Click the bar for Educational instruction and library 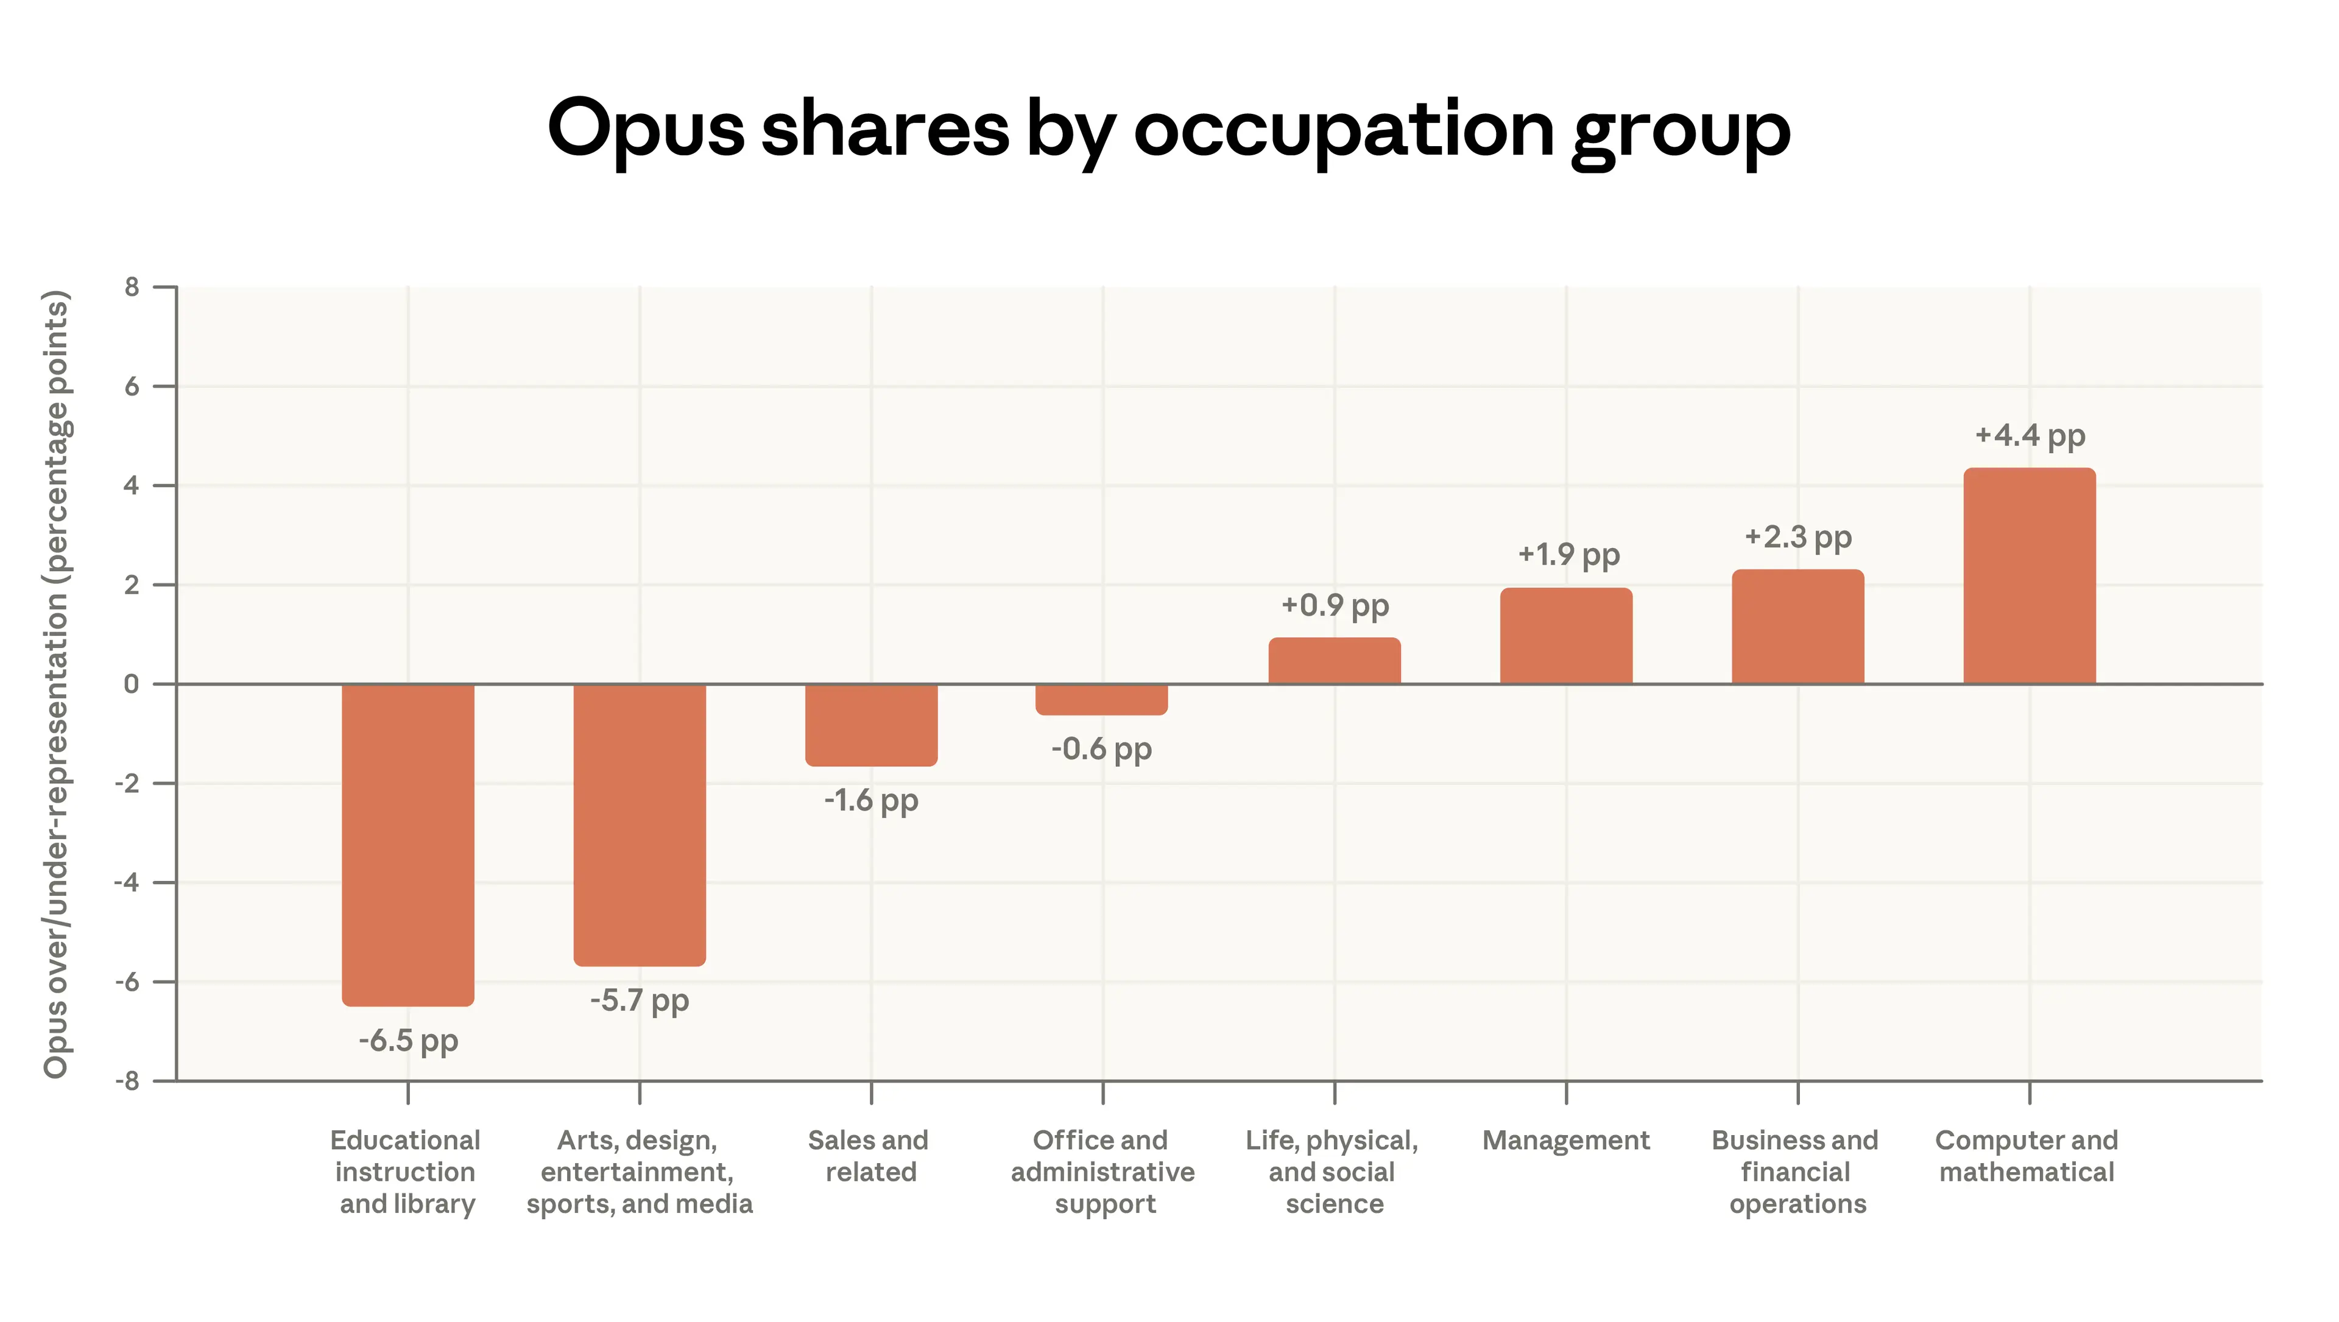407,845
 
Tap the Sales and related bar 871,725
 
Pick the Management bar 1565,636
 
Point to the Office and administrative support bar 1101,699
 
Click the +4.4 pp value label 2030,436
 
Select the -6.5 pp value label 407,1041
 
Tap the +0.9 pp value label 1334,606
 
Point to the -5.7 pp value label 639,1000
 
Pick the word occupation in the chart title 1343,130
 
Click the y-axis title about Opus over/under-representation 56,684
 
